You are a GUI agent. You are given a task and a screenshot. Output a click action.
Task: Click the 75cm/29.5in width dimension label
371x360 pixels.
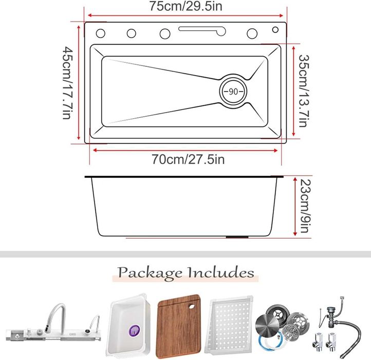[185, 7]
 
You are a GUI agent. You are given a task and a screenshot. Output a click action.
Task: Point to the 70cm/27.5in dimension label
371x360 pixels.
[188, 159]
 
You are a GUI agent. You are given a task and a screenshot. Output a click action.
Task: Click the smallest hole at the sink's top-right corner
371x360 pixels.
[275, 30]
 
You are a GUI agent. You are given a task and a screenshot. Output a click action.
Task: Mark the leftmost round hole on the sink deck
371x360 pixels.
[101, 34]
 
